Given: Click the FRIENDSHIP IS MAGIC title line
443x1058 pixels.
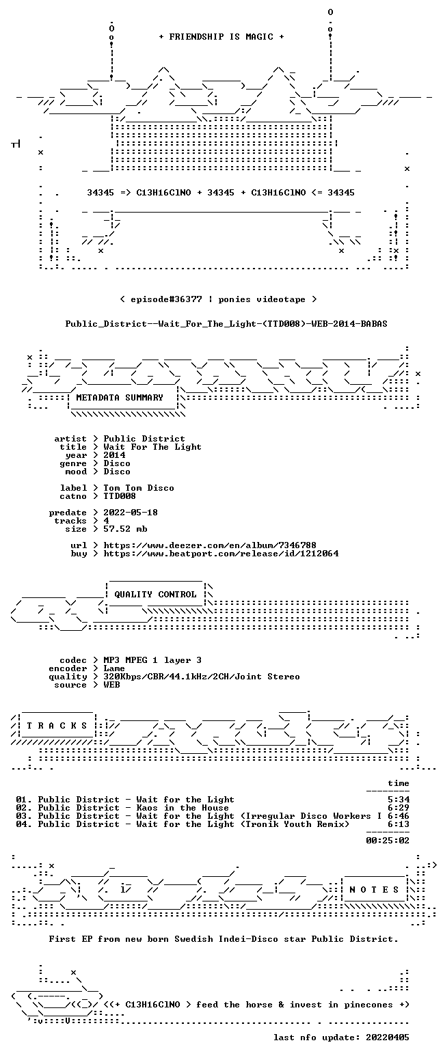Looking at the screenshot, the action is [221, 37].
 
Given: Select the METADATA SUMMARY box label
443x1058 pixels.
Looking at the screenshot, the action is [120, 398].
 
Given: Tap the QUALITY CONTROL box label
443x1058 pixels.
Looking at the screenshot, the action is [155, 595].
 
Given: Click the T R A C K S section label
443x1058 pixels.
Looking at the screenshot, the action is [57, 726].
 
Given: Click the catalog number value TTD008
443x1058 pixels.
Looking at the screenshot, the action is [120, 496].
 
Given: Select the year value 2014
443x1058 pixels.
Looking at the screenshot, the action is [114, 455].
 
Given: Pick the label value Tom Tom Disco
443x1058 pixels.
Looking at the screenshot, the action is [138, 488].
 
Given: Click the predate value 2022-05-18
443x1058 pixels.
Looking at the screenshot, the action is [131, 513].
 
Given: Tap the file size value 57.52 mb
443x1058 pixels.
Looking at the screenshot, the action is [125, 529].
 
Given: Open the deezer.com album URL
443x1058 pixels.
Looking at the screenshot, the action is [210, 545].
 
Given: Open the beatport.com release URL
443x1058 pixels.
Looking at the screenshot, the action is [221, 554].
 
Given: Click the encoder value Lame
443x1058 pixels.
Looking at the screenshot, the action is [114, 669].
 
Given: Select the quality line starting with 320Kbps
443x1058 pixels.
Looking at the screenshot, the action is [202, 677].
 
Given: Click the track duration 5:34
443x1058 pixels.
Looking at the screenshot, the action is [399, 800].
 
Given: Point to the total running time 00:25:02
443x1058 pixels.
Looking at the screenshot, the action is [388, 840].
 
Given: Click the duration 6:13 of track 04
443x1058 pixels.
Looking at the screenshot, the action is [399, 824].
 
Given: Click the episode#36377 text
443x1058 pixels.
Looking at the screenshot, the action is [166, 299].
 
